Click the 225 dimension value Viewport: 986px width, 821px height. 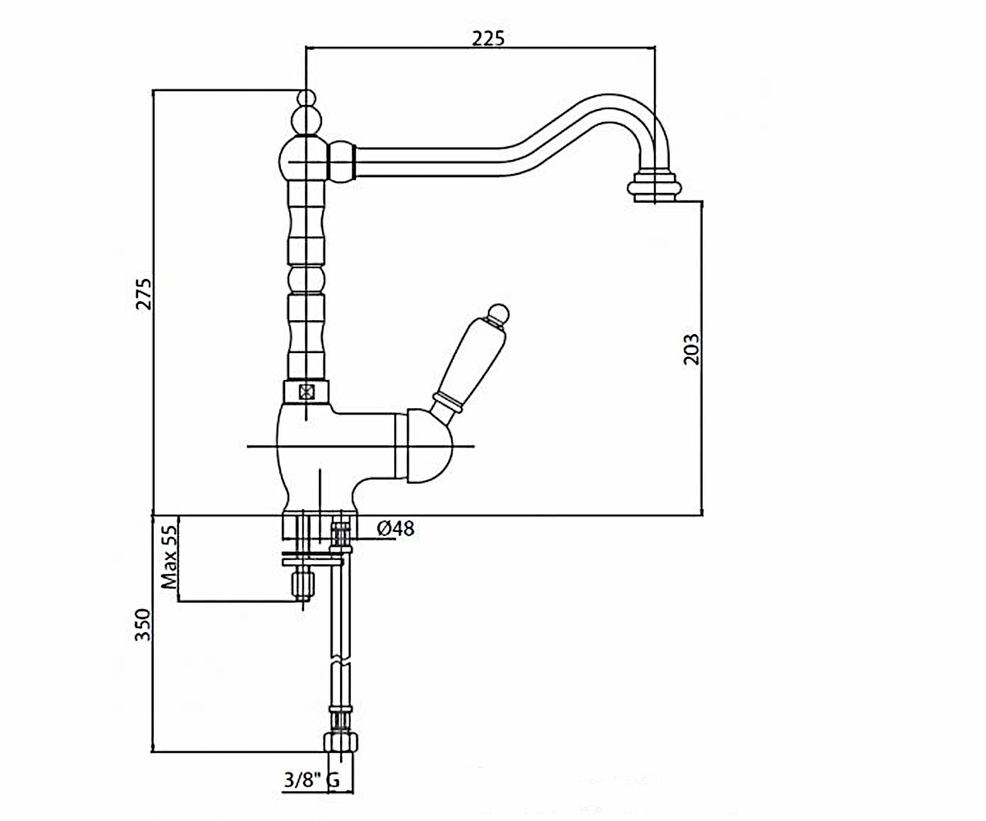click(x=488, y=39)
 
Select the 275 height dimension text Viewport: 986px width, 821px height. click(x=144, y=294)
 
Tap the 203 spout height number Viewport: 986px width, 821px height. click(x=691, y=349)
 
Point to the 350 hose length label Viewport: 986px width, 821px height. click(x=143, y=625)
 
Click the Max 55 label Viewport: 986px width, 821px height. click(x=169, y=557)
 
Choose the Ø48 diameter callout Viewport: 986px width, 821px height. click(x=396, y=529)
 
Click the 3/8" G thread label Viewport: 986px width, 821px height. click(x=311, y=780)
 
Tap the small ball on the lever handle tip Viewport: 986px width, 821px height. click(x=499, y=314)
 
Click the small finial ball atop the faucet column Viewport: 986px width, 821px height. click(x=306, y=98)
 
